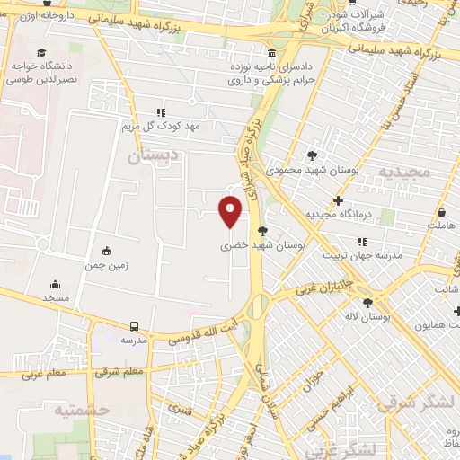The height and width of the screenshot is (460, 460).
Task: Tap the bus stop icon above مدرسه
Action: tap(134, 326)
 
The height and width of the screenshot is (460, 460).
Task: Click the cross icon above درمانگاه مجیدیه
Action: tap(339, 200)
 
